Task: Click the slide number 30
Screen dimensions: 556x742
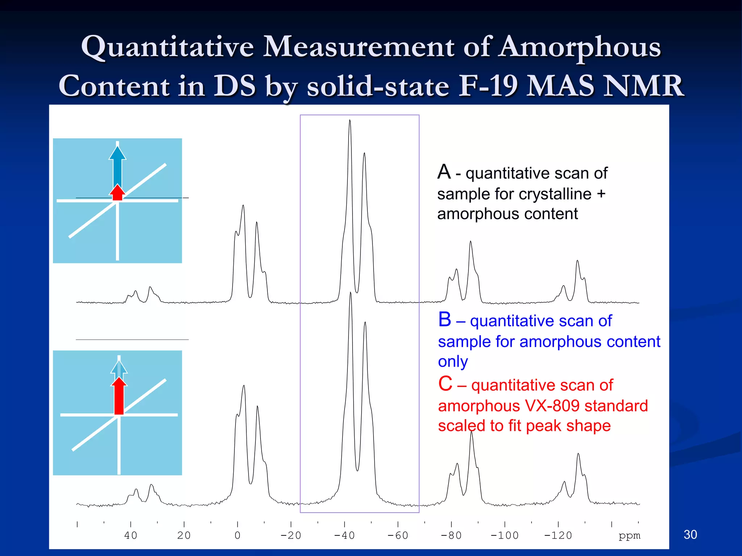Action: pyautogui.click(x=690, y=534)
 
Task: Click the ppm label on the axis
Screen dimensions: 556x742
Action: pyautogui.click(x=629, y=535)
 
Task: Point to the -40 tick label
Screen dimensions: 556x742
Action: pyautogui.click(x=344, y=535)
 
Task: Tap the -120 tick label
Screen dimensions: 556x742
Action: pyautogui.click(x=558, y=535)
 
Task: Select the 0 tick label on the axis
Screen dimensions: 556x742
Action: pyautogui.click(x=237, y=535)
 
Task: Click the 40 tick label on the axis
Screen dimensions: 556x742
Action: pyautogui.click(x=131, y=535)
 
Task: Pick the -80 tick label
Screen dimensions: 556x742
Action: pyautogui.click(x=451, y=535)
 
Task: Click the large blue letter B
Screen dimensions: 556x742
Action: pyautogui.click(x=445, y=320)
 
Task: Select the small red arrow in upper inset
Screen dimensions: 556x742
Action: pyautogui.click(x=117, y=193)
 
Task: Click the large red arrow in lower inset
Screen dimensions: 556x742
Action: pyautogui.click(x=119, y=396)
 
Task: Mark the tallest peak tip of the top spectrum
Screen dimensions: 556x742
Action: pyautogui.click(x=350, y=121)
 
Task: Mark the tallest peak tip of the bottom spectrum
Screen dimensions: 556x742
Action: pyautogui.click(x=350, y=293)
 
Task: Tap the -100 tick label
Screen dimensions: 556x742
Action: pyautogui.click(x=504, y=535)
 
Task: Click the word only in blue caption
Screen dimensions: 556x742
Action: pyautogui.click(x=453, y=361)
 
